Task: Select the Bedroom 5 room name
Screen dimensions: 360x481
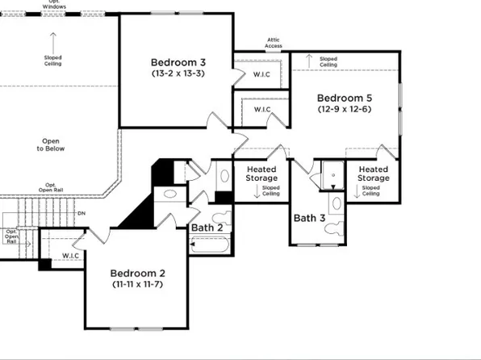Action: pos(344,97)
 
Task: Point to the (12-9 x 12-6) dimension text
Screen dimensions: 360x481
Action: pos(344,109)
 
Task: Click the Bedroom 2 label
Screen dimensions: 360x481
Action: pos(137,273)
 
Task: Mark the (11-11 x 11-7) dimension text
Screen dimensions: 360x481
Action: pos(137,284)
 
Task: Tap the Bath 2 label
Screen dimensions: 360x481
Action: pos(207,228)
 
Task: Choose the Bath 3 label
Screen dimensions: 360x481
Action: pos(309,218)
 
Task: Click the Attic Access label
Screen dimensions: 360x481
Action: pos(274,44)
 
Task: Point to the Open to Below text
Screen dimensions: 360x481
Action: pos(52,144)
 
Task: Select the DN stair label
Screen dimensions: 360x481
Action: pos(82,213)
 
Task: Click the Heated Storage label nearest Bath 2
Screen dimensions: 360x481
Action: pos(261,174)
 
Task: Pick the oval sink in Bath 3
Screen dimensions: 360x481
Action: pos(333,202)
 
